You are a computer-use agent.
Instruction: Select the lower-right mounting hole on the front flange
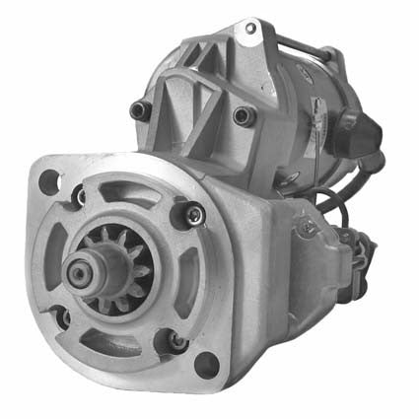(x=205, y=365)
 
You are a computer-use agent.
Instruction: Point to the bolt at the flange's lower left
(x=61, y=317)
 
